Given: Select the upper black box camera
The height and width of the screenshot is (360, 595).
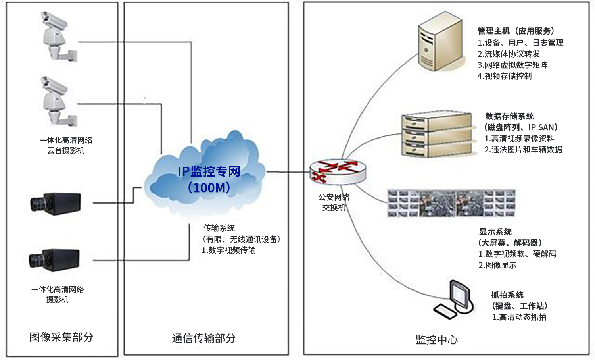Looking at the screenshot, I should tap(56, 204).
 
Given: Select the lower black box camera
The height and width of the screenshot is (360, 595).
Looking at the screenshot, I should tap(54, 260).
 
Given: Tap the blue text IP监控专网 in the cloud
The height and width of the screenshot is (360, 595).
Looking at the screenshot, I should tap(209, 171).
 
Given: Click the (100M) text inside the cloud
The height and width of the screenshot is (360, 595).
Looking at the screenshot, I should tap(209, 187).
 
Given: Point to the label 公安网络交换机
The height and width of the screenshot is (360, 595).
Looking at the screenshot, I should tap(334, 202).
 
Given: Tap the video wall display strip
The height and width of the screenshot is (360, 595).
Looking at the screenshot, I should tap(451, 203).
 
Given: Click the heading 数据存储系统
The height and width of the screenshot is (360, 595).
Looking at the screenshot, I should tap(509, 116).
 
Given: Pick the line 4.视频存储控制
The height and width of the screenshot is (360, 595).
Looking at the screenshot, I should tap(504, 76).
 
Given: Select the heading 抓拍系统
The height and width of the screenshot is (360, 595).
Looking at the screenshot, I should tap(507, 295).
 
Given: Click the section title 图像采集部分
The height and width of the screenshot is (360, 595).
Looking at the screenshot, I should tap(61, 337).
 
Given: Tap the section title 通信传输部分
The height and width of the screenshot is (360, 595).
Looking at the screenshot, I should tap(204, 338).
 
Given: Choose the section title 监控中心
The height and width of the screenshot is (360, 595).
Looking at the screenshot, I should tap(436, 340).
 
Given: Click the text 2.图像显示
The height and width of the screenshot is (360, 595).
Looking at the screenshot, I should tap(497, 265).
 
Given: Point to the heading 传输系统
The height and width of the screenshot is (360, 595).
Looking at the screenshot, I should tap(219, 228).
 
